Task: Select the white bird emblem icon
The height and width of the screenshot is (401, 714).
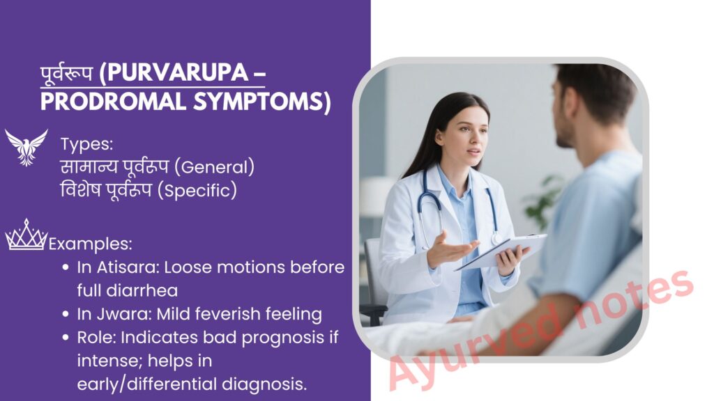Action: pyautogui.click(x=26, y=148)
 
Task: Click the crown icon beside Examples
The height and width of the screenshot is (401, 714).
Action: pyautogui.click(x=26, y=235)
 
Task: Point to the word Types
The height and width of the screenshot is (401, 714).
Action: pyautogui.click(x=86, y=144)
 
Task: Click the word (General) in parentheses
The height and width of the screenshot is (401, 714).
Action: pyautogui.click(x=218, y=167)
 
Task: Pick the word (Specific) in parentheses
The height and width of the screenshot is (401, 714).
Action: pyautogui.click(x=197, y=191)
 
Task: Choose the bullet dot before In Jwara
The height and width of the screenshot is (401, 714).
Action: pyautogui.click(x=66, y=314)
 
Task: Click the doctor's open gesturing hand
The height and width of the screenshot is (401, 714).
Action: pyautogui.click(x=451, y=249)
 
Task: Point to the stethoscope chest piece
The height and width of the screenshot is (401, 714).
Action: pyautogui.click(x=496, y=238)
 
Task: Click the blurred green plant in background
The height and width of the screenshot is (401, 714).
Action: pyautogui.click(x=542, y=203)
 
